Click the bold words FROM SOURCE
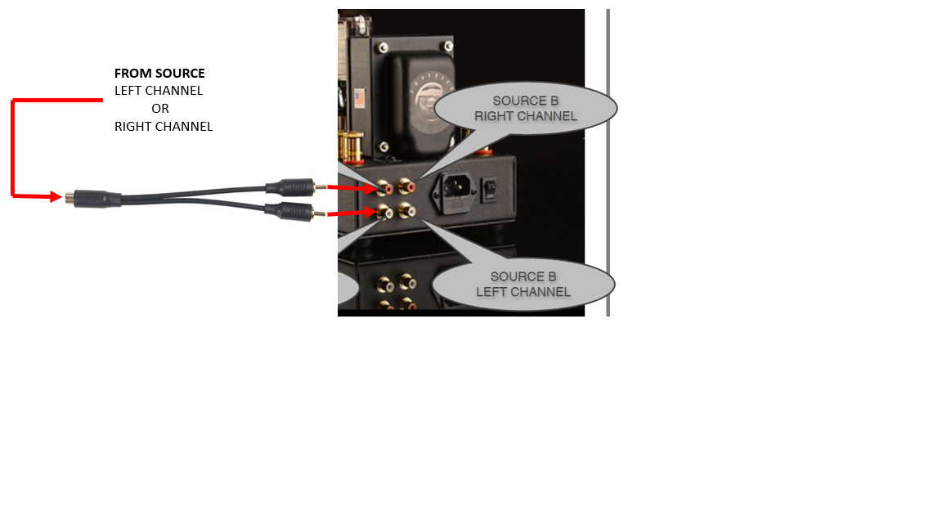159,74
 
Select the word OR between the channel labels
160,109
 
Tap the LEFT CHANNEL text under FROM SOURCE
159,91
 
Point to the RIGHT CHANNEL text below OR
164,127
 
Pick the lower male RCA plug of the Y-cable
295,212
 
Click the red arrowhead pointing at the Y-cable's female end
56,196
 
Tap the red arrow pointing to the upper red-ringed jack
352,188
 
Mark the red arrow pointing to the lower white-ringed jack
352,213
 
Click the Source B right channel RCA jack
407,186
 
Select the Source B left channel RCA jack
406,211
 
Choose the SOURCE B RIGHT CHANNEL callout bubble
525,108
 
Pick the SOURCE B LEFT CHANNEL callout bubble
523,285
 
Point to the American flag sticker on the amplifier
359,99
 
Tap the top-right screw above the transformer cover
447,47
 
